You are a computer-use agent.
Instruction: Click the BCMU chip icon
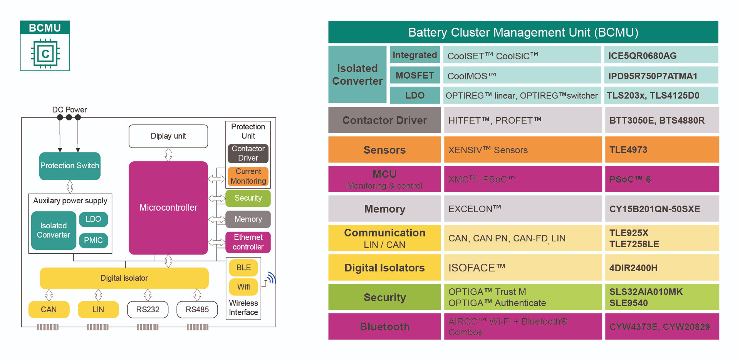[45, 53]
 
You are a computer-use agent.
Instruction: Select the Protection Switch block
[70, 166]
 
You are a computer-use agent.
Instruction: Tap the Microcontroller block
[168, 208]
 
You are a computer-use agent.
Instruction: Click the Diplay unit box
[168, 136]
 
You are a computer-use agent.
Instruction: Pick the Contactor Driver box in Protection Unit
[248, 154]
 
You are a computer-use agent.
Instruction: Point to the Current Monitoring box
[248, 176]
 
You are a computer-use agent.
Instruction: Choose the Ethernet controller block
[248, 242]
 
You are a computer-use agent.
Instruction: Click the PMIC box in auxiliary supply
[93, 241]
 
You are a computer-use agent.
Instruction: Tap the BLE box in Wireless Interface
[243, 268]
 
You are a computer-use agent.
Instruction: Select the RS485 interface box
[197, 310]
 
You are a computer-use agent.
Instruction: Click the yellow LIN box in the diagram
[98, 310]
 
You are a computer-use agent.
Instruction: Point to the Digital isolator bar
[124, 278]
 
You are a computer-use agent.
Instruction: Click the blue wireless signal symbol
[272, 278]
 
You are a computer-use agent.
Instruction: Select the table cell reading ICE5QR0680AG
[661, 55]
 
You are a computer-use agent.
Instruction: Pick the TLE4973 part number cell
[661, 150]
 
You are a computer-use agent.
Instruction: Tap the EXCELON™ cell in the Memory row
[523, 209]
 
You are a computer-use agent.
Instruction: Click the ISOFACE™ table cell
[523, 268]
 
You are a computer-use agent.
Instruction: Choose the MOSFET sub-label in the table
[415, 75]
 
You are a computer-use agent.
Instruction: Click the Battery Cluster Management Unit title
[523, 32]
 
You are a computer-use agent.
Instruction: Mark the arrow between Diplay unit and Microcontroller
[168, 155]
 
